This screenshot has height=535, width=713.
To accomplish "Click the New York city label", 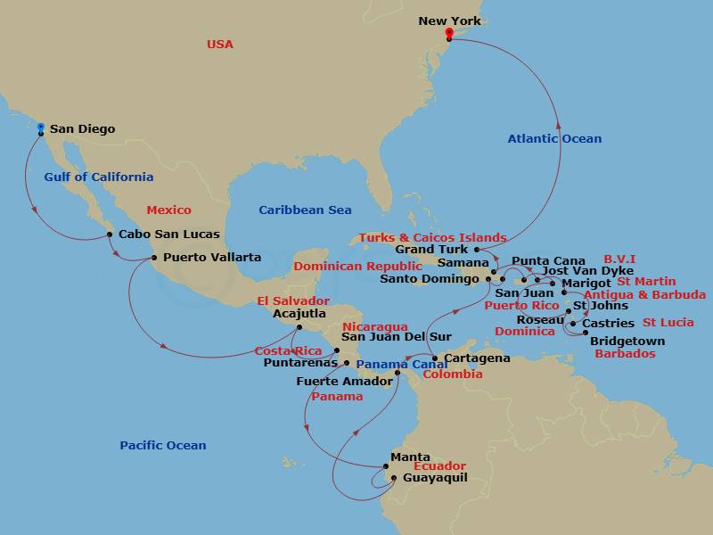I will point(450,21).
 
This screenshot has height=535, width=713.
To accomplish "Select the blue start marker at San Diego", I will point(41,128).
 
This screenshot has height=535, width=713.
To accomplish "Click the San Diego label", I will point(82,129).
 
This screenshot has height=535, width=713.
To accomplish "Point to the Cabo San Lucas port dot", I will point(109,235).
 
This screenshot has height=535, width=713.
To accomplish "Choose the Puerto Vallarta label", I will point(212,258).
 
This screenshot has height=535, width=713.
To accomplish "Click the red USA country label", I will point(220,45).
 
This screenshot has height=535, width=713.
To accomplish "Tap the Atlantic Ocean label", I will point(554,138).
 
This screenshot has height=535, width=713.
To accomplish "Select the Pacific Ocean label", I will point(163,445).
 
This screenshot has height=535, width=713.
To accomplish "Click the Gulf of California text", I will point(99,177).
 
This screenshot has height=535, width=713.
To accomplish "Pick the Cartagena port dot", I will point(435,358).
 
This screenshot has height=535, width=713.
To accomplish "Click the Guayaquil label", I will point(435,478).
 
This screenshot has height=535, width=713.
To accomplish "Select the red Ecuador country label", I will point(439,466).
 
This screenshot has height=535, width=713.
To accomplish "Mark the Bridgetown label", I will point(627,341).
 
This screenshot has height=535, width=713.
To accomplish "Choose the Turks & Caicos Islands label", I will point(432,238).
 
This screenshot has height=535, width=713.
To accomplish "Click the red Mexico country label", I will point(168,210).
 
